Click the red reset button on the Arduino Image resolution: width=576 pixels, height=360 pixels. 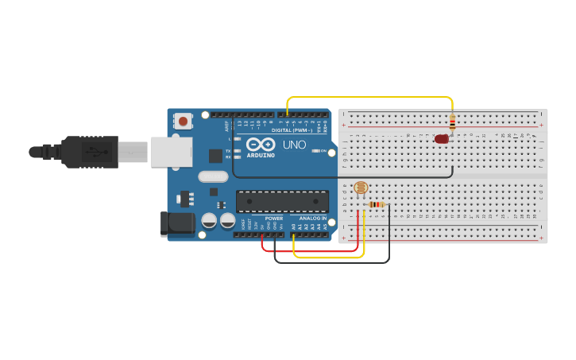[x=184, y=122]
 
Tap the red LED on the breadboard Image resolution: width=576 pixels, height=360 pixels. [x=442, y=139]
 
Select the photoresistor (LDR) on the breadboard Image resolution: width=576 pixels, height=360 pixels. [x=360, y=188]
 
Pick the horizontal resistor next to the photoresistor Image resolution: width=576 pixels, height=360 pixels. [x=377, y=204]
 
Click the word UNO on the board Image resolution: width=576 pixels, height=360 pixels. [x=294, y=145]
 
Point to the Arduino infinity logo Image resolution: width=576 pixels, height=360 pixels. [x=260, y=145]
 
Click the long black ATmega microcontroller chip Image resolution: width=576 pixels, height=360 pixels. [x=282, y=202]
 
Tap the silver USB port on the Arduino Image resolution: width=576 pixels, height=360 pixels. [x=172, y=151]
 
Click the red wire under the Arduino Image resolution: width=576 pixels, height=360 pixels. [x=310, y=251]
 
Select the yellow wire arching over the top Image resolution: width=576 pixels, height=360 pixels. [x=369, y=98]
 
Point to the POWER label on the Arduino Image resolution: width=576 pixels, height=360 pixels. [x=273, y=218]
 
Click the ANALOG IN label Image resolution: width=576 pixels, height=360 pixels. [x=312, y=218]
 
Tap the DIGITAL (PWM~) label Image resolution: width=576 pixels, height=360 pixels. [x=292, y=130]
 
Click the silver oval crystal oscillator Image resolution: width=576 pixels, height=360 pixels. [x=213, y=176]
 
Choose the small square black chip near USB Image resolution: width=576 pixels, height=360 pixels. [x=215, y=156]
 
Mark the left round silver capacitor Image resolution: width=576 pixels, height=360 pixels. [x=209, y=220]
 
